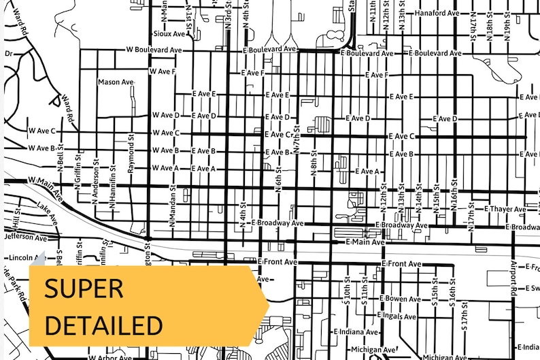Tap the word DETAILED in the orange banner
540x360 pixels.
pos(104,324)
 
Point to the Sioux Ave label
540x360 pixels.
pos(169,33)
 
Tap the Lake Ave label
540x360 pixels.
pos(49,210)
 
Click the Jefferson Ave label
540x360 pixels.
pos(25,238)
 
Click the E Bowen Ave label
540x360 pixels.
pos(401,298)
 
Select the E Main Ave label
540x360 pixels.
pos(365,242)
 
